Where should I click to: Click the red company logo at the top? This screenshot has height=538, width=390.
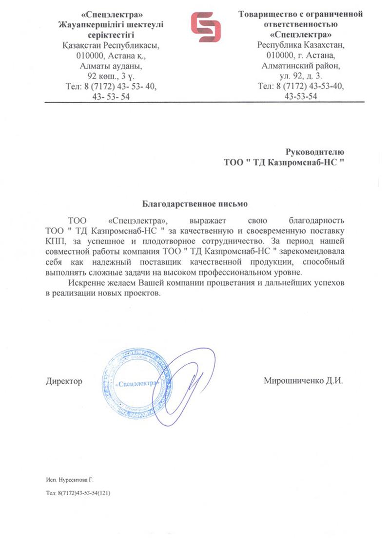pos(205,27)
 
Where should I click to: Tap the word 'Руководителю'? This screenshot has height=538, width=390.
pos(314,152)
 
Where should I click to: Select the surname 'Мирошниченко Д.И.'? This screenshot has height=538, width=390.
pos(303,381)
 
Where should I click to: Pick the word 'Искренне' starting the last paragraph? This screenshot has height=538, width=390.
pos(83,283)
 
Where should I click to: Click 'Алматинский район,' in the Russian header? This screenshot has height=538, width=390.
pos(301,65)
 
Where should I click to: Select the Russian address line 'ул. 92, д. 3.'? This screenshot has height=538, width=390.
pos(301,75)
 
